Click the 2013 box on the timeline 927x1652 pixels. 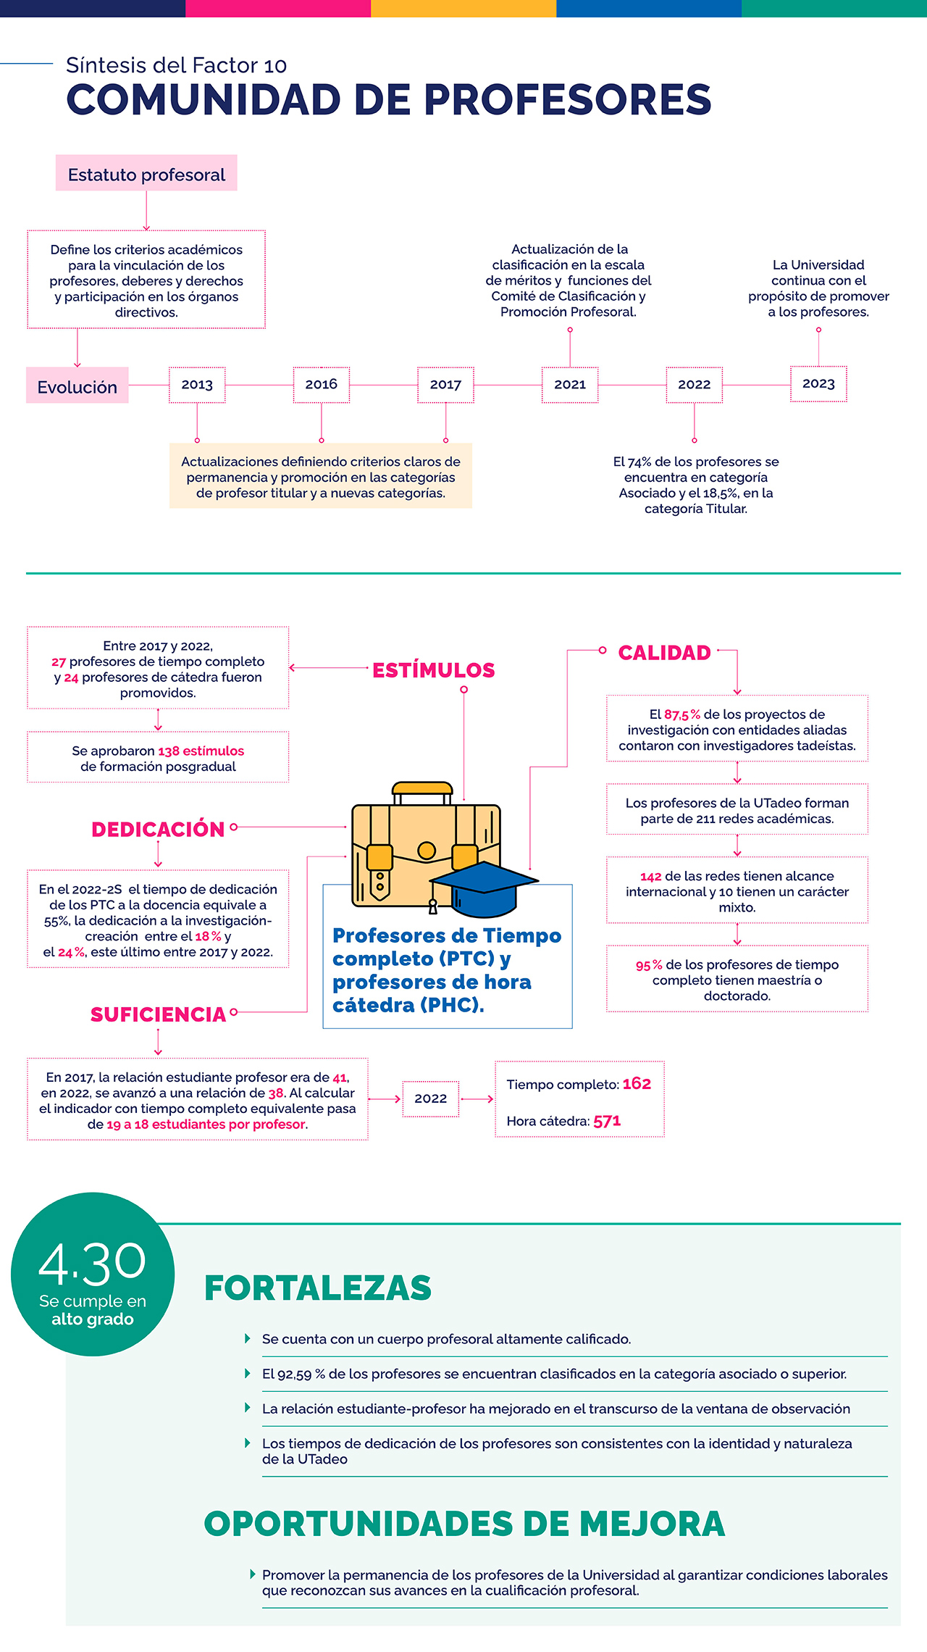197,385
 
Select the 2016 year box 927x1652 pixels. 321,385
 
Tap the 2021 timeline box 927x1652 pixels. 570,385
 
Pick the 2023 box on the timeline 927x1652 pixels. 818,384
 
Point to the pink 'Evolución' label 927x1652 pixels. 77,386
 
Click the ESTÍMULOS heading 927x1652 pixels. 433,670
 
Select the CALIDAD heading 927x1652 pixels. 664,653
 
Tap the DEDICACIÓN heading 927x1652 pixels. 158,830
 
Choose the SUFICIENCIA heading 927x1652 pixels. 158,1014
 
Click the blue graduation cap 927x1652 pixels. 484,885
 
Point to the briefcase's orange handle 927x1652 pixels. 421,788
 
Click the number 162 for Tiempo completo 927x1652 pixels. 637,1084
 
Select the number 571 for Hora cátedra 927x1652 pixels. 607,1121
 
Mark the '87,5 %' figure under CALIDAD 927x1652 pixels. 681,714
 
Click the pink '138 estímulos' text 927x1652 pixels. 201,751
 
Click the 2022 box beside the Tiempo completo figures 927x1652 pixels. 430,1098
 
